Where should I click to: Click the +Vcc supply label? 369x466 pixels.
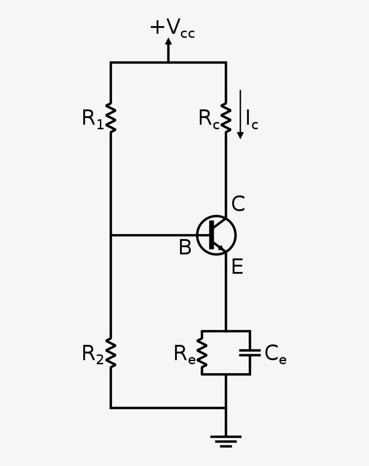[x=172, y=28]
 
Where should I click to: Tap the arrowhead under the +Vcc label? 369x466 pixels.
[x=168, y=42]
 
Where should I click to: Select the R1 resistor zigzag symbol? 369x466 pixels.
[x=111, y=118]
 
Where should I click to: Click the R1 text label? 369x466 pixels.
[x=92, y=119]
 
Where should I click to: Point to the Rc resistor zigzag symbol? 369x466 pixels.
[x=226, y=118]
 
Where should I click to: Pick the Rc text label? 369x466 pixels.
[x=209, y=119]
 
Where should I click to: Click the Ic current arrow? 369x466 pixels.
[x=240, y=114]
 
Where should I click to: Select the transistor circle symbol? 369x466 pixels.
[x=216, y=235]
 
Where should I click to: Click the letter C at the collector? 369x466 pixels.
[x=238, y=204]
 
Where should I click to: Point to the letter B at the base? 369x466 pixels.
[x=185, y=248]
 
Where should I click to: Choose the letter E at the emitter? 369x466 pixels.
[x=237, y=267]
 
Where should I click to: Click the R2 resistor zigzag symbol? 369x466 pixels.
[x=111, y=353]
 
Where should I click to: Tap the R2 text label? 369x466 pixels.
[x=92, y=354]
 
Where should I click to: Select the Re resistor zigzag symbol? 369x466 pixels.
[x=202, y=353]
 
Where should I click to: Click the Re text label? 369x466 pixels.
[x=184, y=354]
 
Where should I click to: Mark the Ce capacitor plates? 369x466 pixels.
[x=250, y=353]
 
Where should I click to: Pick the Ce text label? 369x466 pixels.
[x=275, y=354]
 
